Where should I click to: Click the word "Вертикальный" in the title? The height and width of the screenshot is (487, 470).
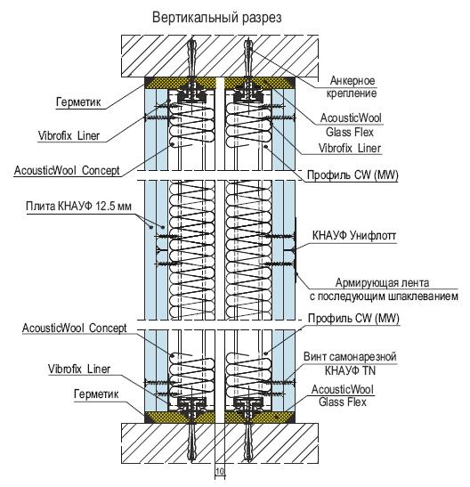coord(196,18)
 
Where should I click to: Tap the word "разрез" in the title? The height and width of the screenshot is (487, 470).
coord(263,19)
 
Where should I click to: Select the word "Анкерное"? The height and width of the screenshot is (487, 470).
coord(352,80)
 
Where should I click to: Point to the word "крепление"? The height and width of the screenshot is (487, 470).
coord(352,93)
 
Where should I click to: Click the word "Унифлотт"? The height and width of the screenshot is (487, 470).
coord(372,236)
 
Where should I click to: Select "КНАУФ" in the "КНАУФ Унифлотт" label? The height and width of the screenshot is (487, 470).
coord(329,236)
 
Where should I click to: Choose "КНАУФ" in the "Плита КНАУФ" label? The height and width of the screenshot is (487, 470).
coord(75,206)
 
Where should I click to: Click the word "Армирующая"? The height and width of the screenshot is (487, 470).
coord(363,283)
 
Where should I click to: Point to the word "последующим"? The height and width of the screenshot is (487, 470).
coord(352,296)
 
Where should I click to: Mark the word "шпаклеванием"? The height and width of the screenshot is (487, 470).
coord(423,296)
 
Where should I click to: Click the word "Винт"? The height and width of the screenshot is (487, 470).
coord(314,356)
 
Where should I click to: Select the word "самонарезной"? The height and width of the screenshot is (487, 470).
coord(362,357)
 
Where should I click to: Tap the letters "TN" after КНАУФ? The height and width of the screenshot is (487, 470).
coord(369,370)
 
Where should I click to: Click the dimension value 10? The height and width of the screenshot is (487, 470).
coord(220,471)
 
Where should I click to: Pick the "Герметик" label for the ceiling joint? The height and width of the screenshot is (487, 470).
coord(78,101)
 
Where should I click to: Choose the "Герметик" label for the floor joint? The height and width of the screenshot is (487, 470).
coord(96,394)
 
